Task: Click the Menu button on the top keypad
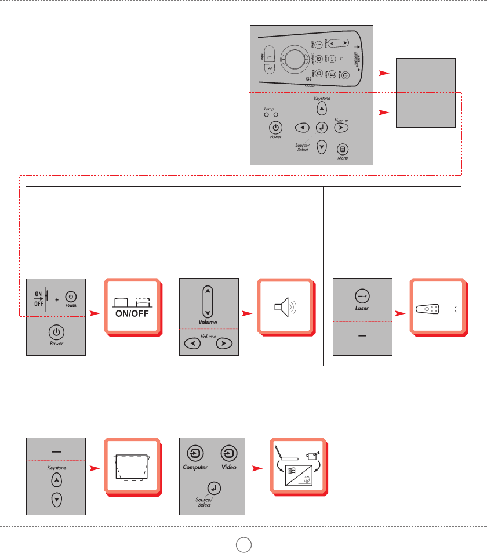tap(343, 148)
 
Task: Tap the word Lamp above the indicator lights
tap(268, 109)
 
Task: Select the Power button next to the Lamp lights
tap(276, 128)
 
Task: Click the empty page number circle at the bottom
tap(244, 544)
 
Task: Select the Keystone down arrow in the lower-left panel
tap(56, 499)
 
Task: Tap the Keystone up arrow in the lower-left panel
tap(56, 480)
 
